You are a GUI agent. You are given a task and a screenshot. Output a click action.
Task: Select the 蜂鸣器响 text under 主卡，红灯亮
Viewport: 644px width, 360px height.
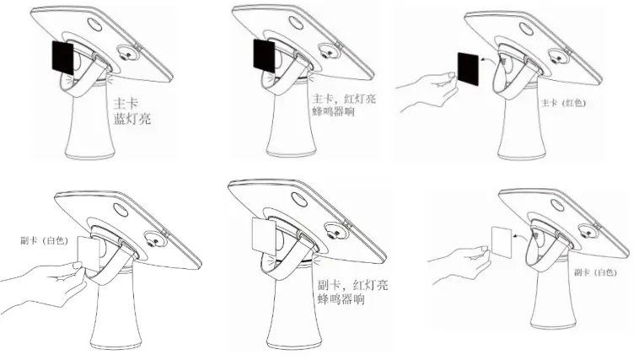click(x=333, y=110)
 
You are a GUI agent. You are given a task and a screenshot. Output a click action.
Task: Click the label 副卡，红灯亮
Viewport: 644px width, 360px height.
click(x=352, y=287)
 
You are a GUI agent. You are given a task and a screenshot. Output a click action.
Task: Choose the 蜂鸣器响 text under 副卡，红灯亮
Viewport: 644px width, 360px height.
click(x=341, y=301)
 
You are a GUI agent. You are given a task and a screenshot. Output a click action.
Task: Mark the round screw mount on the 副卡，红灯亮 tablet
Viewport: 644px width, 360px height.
click(x=342, y=228)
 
